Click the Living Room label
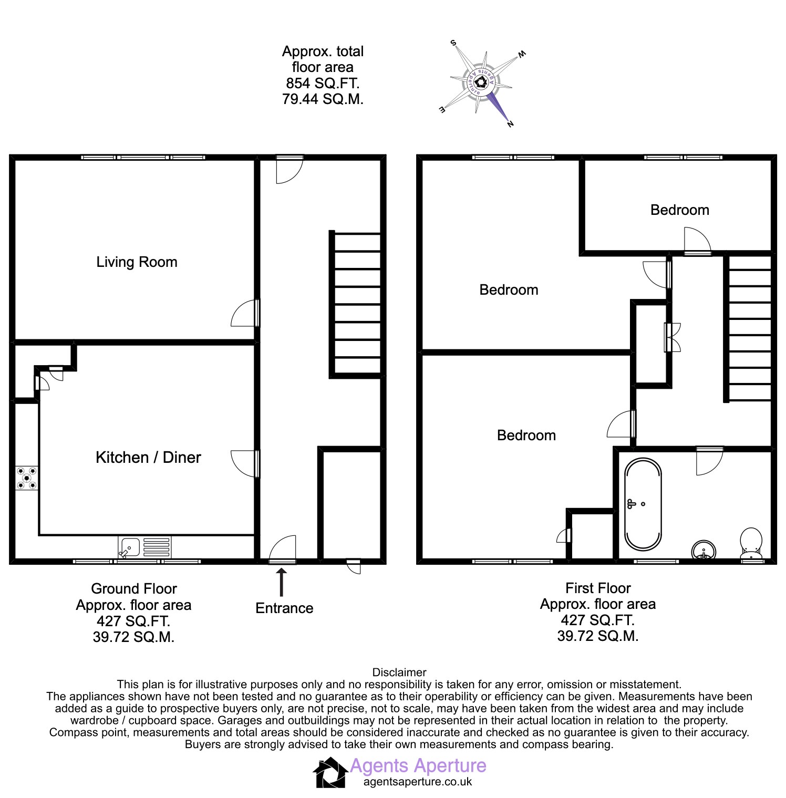point(137,262)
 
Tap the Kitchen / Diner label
point(148,458)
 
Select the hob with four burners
point(26,478)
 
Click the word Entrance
point(284,608)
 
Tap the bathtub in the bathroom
point(643,504)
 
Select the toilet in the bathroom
point(751,544)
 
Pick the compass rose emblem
point(481,83)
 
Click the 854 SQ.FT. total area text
point(323,83)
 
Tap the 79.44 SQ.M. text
point(323,99)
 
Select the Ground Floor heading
point(134,588)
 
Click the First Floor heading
point(598,588)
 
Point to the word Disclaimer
point(399,672)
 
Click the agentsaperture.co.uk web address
point(418,782)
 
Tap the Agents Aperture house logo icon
point(330,772)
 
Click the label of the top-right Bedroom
point(680,210)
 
